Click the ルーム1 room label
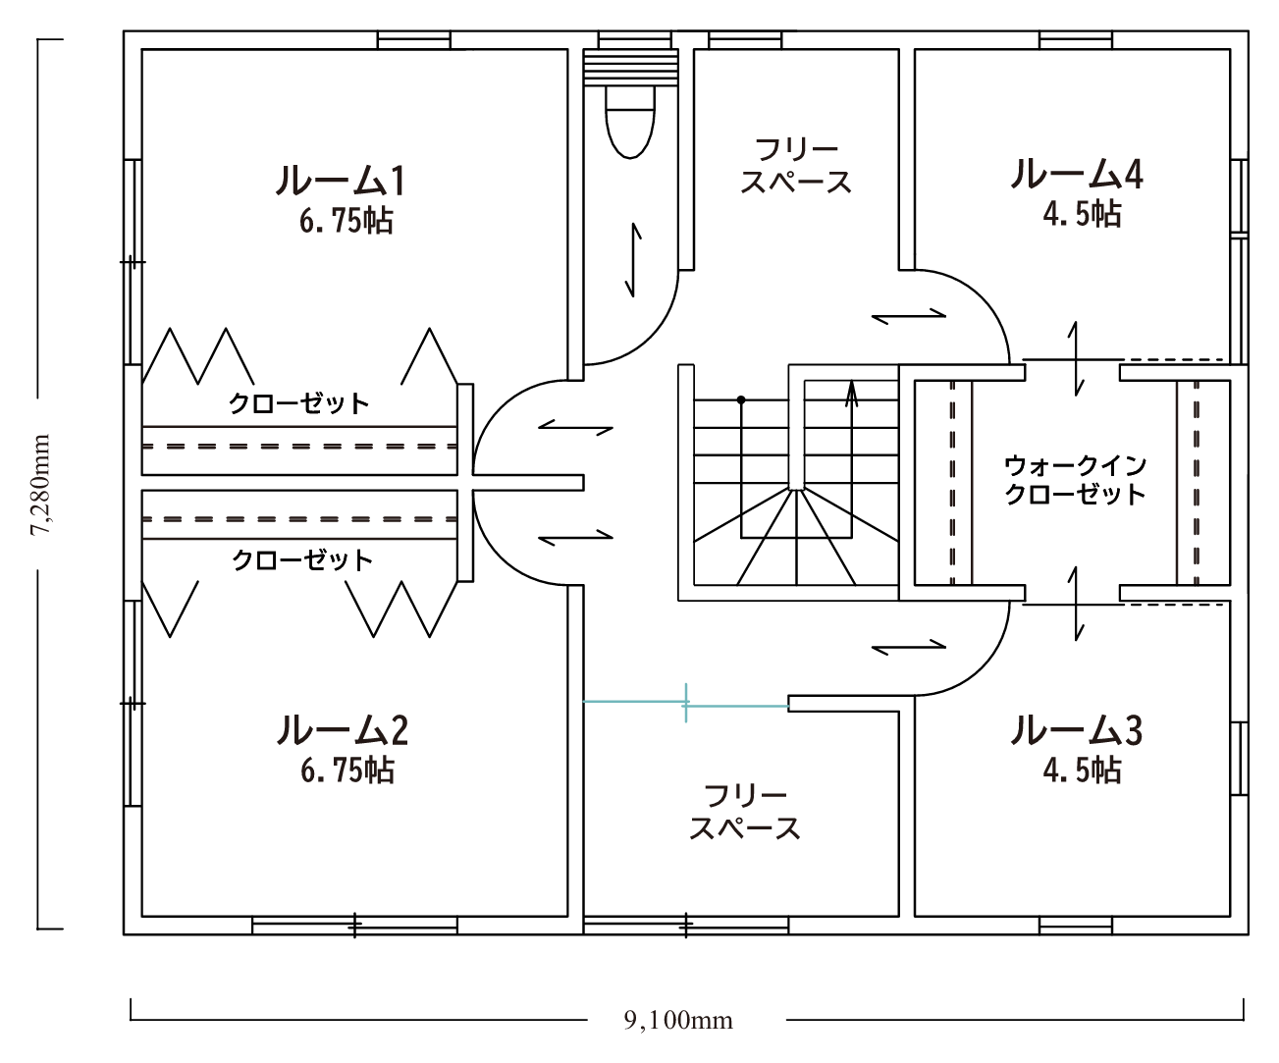[340, 181]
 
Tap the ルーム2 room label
[342, 729]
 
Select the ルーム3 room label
[1076, 729]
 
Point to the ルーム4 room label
[1076, 174]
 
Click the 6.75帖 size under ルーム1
[346, 221]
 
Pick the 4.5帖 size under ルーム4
[1083, 214]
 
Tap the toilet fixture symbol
[630, 122]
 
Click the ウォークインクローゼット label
[1075, 480]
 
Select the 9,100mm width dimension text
[678, 1020]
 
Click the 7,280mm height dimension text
[41, 484]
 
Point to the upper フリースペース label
[796, 166]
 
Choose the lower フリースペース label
[745, 813]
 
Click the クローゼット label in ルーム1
[299, 403]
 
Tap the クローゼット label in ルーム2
[302, 560]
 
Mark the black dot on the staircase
[741, 400]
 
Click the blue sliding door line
[686, 704]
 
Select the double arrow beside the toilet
[633, 260]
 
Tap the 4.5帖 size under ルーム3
[1083, 771]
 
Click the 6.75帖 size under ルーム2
[347, 771]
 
